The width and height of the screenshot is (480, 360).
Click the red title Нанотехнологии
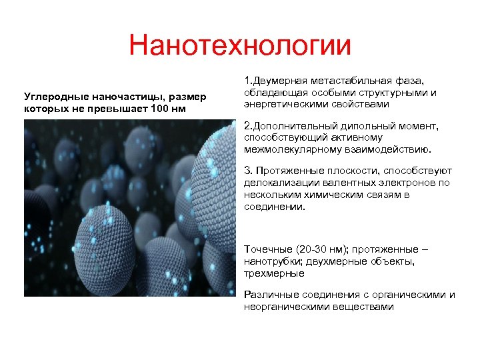240,46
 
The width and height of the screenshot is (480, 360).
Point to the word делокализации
283,183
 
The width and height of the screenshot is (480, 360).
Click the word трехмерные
275,273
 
